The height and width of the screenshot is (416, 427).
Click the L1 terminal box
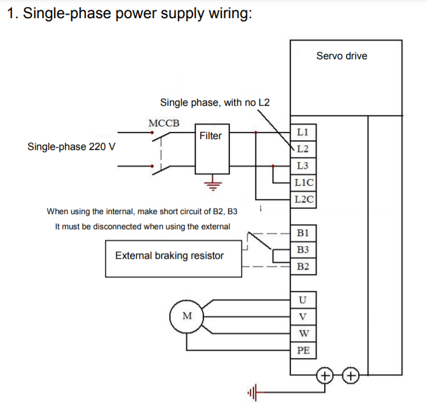click(303, 132)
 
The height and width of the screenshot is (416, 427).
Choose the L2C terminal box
click(303, 200)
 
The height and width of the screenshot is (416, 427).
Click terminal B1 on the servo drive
click(303, 233)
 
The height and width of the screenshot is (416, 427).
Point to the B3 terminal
click(303, 250)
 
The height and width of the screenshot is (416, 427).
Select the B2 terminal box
click(303, 267)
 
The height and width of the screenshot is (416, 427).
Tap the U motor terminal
click(303, 299)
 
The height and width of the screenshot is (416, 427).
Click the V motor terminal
click(303, 316)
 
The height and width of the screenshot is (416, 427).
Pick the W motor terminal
click(303, 333)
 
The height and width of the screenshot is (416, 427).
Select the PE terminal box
click(303, 350)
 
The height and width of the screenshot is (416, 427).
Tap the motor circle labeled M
click(187, 316)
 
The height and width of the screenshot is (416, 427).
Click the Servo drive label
click(341, 56)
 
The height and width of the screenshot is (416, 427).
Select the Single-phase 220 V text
click(72, 147)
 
